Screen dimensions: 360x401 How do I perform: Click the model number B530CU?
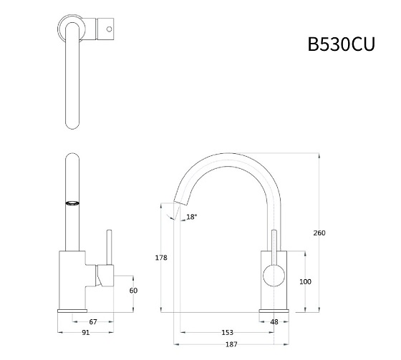click(341, 44)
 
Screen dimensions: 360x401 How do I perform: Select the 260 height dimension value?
click(319, 233)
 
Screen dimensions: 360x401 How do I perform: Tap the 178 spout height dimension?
click(162, 257)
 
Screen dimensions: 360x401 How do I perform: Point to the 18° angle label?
click(191, 217)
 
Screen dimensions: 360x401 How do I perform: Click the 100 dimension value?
click(306, 281)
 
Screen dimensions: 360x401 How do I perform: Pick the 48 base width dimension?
click(274, 321)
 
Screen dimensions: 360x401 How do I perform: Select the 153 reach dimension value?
click(227, 332)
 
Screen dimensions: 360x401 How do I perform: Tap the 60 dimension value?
click(133, 291)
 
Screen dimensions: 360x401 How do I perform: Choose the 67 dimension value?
click(113, 321)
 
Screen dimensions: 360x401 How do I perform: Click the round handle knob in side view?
click(273, 273)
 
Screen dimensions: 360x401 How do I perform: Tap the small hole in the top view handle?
click(109, 30)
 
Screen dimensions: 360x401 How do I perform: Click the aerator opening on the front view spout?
click(72, 203)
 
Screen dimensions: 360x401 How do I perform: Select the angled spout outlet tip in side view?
click(171, 210)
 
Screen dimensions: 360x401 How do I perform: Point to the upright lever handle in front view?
click(109, 247)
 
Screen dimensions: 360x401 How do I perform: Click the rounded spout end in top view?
click(72, 123)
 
